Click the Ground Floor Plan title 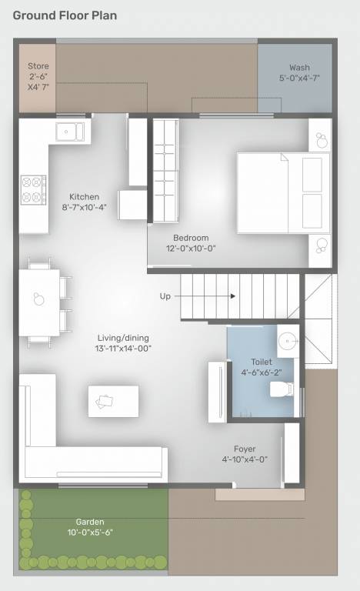[65, 15]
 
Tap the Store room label [38, 67]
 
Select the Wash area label [300, 68]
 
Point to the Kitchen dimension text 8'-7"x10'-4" [85, 207]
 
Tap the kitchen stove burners [33, 190]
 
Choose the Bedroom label [191, 238]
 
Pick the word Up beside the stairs [165, 295]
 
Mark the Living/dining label [123, 337]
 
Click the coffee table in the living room [113, 401]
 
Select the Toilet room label [261, 362]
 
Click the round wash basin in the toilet [287, 339]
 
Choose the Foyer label [245, 449]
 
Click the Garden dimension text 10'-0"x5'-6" [91, 532]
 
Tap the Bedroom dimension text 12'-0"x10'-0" [191, 249]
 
